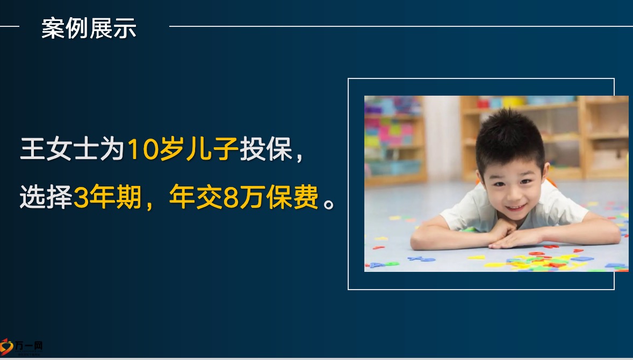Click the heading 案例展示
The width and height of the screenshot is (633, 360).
click(x=89, y=28)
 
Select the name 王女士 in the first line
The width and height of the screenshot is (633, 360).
click(x=59, y=149)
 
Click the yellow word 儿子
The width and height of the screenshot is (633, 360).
click(x=212, y=149)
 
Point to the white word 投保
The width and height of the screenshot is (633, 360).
click(x=266, y=149)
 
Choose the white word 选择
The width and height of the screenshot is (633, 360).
click(x=46, y=197)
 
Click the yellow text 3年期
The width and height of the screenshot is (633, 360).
click(x=107, y=197)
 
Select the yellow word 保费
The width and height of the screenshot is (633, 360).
click(x=292, y=197)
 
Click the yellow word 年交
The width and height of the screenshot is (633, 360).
click(x=196, y=197)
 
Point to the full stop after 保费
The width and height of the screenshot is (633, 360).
click(x=329, y=204)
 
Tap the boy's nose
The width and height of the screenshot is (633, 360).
click(x=513, y=192)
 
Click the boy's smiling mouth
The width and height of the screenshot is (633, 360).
click(x=515, y=207)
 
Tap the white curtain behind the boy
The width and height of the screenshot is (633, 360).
click(x=442, y=137)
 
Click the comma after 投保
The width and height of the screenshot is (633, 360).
click(x=299, y=158)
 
